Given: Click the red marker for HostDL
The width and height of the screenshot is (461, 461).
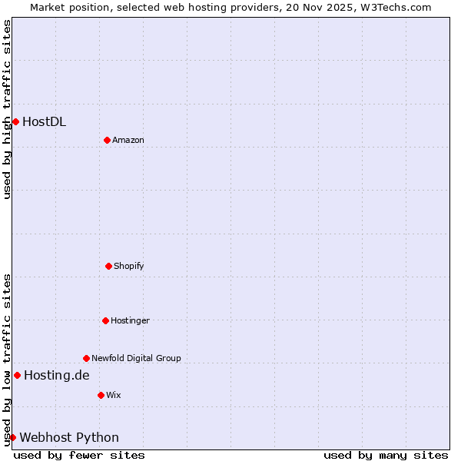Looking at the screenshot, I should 15,121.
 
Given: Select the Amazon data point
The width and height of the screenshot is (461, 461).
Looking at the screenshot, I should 107,140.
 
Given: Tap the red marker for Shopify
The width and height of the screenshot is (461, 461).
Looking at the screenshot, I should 108,266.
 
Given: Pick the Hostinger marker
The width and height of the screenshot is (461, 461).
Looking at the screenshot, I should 105,320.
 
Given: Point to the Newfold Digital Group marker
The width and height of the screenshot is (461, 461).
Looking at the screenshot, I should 86,358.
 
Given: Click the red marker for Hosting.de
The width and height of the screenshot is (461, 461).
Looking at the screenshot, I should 17,375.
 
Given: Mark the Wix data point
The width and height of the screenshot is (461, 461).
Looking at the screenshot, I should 101,395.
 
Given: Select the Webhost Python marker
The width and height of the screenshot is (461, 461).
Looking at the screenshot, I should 12,437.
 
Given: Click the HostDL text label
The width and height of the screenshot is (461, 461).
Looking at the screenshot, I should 44,121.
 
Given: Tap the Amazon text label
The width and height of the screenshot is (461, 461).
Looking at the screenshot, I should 128,140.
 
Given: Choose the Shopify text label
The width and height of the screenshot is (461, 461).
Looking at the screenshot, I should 129,266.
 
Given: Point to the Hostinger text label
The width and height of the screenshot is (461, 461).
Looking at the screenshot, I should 130,320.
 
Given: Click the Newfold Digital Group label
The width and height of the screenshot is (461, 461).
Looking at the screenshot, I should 136,358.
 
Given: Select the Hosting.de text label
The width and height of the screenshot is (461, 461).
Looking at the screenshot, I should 56,375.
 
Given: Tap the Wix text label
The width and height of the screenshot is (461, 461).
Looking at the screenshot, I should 114,395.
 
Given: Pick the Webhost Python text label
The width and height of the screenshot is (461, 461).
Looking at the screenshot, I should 69,437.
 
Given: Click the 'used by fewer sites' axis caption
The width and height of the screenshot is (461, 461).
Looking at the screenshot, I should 79,455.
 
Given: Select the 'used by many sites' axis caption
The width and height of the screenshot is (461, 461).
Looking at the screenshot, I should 386,455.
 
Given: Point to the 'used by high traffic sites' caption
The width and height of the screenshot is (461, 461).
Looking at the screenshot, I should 7,109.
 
